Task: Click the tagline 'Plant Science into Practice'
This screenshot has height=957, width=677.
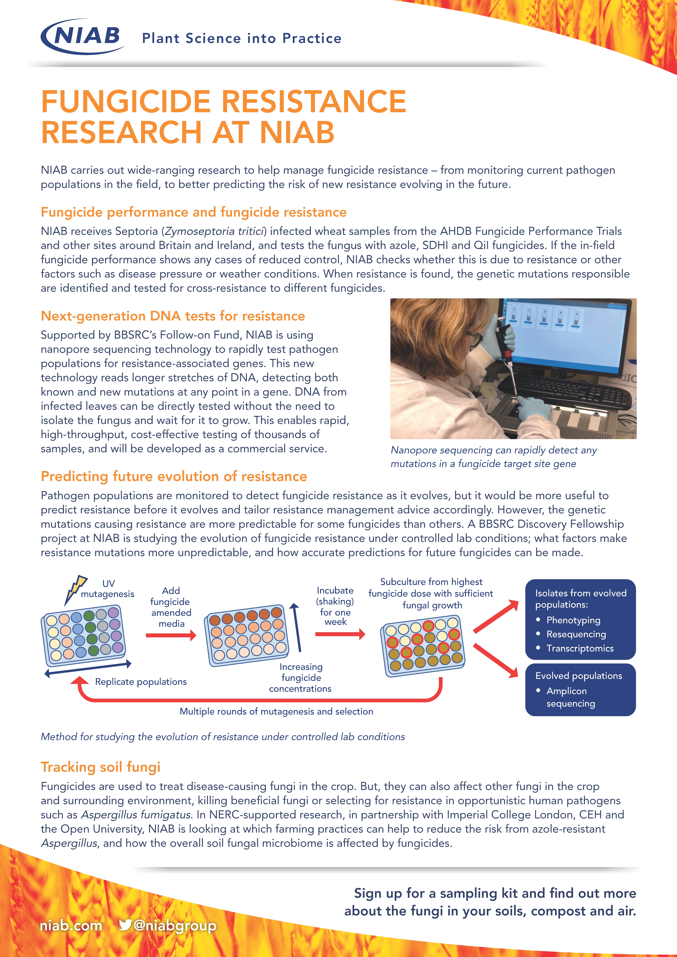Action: point(242,38)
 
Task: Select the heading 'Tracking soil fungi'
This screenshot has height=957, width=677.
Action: point(100,767)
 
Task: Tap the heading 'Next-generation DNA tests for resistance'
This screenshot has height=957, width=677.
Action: point(173,316)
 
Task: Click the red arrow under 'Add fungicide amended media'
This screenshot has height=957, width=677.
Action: point(171,635)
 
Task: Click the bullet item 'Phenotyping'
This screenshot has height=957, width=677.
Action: point(573,620)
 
